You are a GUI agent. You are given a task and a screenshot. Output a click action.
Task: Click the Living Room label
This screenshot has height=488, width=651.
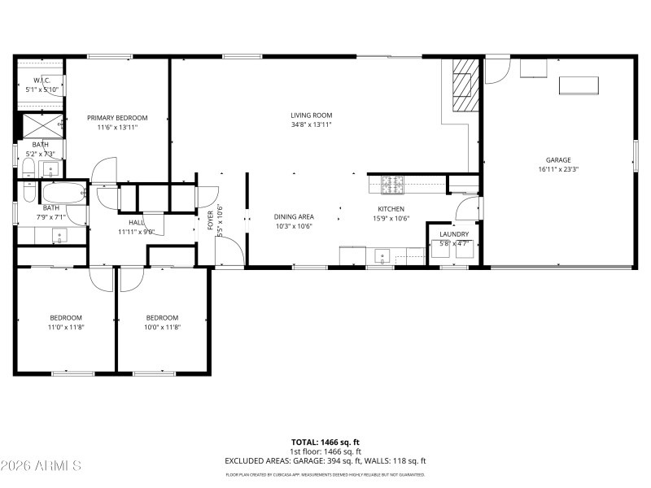312,115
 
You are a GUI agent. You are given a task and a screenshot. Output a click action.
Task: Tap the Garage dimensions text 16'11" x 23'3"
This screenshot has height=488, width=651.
558,170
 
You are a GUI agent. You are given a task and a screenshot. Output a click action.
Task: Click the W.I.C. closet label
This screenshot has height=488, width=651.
42,80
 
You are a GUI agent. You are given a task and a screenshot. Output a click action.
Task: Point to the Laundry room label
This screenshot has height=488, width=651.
454,233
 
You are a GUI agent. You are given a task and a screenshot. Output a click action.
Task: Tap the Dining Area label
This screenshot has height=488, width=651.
294,216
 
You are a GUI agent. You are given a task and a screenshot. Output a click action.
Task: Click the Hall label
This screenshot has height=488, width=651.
136,222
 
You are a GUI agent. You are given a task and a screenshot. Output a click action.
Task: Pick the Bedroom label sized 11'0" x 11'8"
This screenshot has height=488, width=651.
66,317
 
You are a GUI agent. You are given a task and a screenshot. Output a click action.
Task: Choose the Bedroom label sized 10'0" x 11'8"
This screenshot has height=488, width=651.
162,317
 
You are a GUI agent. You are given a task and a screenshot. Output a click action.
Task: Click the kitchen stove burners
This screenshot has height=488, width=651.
392,185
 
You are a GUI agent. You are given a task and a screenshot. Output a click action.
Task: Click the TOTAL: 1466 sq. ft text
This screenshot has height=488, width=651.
325,442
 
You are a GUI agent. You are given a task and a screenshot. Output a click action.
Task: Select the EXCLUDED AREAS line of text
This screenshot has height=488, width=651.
325,460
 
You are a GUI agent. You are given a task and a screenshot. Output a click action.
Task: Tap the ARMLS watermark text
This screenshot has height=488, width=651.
41,466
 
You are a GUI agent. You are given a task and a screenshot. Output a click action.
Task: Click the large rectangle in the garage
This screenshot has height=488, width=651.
579,85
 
